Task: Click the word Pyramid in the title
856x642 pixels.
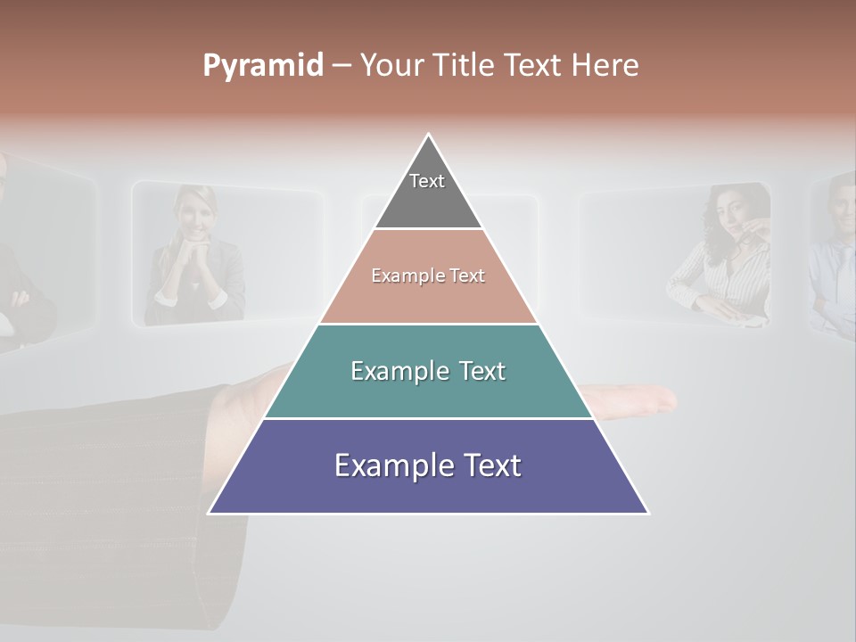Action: [x=263, y=66]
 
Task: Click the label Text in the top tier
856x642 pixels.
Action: [x=427, y=181]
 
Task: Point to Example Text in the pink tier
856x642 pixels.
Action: [x=428, y=276]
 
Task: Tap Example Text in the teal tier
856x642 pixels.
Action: [x=428, y=371]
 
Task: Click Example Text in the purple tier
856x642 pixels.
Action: [x=428, y=465]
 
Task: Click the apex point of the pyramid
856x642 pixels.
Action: [x=429, y=135]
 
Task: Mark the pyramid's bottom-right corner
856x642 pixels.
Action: [x=647, y=513]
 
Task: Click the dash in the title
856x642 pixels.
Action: [x=342, y=66]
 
